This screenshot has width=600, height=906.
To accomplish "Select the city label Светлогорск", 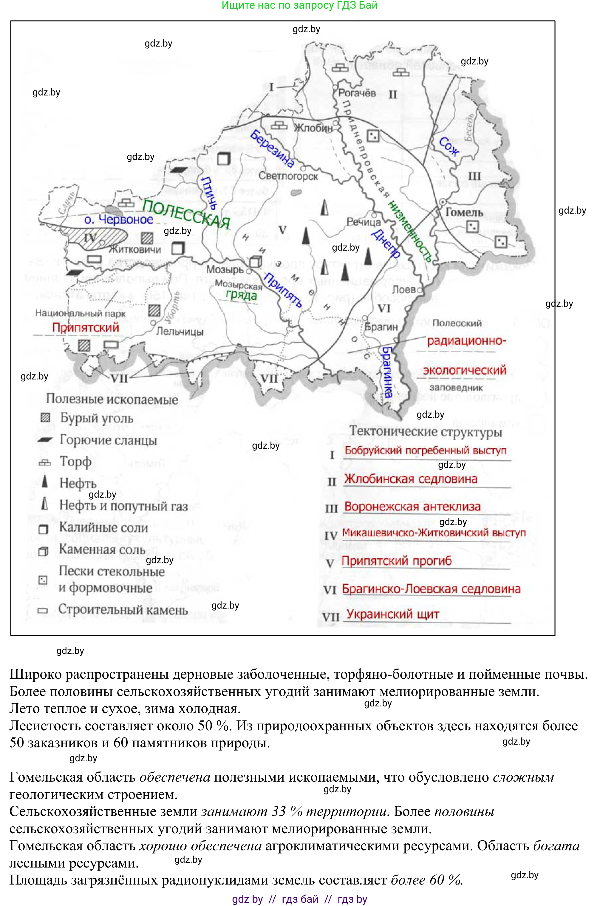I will (288, 176).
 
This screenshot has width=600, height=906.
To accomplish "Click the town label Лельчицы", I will (180, 331).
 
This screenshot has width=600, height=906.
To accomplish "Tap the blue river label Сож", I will (449, 146).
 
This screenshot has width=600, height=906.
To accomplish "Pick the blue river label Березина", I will (272, 149).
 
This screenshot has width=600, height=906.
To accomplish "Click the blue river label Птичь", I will (209, 192).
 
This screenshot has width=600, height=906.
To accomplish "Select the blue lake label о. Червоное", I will (119, 219).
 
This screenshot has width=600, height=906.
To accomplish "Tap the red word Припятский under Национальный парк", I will (85, 328).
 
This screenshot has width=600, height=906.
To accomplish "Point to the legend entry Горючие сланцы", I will (108, 440).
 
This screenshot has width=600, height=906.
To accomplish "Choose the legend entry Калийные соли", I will (103, 527).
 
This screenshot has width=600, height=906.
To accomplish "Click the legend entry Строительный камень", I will (123, 610).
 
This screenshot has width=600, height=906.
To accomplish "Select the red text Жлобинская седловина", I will (411, 479).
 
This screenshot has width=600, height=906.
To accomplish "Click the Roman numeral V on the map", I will (282, 230).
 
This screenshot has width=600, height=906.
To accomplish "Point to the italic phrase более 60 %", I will (427, 880).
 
